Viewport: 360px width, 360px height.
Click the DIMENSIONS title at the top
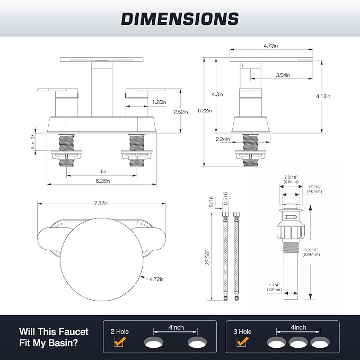pos(180,19)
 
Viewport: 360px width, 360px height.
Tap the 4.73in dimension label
pos(271,46)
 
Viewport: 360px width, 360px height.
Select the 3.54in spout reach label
pos(283,75)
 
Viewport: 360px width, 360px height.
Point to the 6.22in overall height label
pos(205,110)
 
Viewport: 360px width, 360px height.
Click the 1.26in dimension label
pos(159,102)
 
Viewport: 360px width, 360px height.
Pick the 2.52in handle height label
pos(181,112)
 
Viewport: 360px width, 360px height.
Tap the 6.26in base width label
pos(103,181)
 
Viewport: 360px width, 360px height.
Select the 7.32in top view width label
pos(101,203)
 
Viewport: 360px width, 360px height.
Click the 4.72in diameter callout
pos(156,279)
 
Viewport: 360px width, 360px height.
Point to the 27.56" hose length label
pos(207,257)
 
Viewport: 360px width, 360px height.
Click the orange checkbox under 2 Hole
pos(120,342)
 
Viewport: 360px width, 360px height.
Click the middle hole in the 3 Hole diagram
pos(298,343)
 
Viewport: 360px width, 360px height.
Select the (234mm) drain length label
pos(311,254)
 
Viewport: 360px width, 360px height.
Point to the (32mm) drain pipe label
pos(274,289)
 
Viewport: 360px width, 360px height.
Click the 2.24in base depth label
pos(223,139)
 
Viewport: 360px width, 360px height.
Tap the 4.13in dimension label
pos(323,96)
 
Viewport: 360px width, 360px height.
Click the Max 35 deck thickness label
pos(33,142)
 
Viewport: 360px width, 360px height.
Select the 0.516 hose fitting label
pos(225,198)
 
